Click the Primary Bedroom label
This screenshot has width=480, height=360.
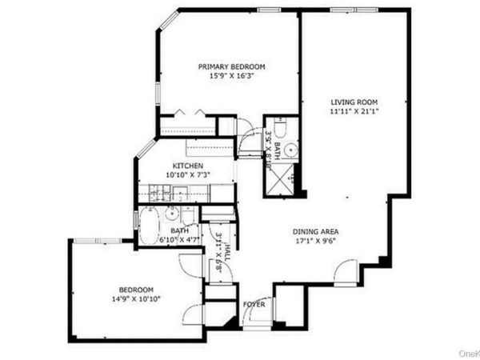coord(231,66)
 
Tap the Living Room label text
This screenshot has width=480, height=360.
coord(354,102)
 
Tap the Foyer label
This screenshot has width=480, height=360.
coord(254,304)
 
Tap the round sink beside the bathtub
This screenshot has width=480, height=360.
coord(171,213)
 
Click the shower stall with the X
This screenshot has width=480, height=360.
coord(282,182)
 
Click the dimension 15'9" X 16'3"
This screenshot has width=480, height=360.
coord(231,77)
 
